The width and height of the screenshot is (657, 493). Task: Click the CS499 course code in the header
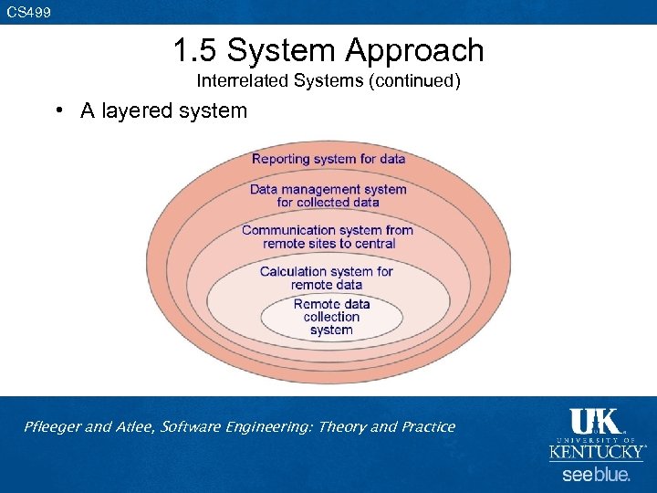[28, 12]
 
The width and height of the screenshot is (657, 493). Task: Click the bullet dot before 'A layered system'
[57, 110]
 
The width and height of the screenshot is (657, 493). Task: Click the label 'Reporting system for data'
[328, 159]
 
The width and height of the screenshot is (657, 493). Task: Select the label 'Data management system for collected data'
[328, 195]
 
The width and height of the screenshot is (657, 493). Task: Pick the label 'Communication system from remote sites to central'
[328, 236]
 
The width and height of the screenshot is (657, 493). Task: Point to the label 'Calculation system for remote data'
[327, 278]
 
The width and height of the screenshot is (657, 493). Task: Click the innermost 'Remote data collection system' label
[331, 317]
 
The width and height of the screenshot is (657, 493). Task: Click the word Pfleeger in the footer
[52, 426]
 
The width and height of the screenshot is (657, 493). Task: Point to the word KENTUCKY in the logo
[596, 452]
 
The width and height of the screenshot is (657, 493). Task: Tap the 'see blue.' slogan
[596, 475]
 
